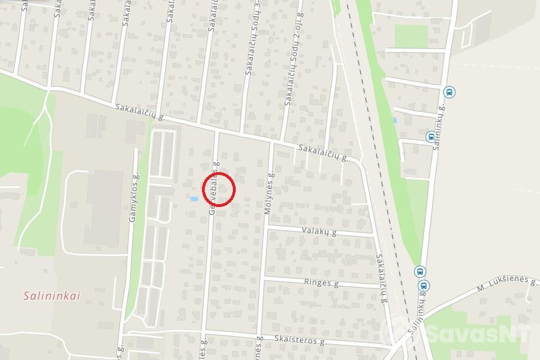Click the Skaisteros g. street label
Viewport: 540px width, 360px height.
301,341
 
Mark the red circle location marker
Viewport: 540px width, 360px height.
218,189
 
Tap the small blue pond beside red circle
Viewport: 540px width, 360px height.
194,199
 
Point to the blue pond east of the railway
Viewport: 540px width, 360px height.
395,120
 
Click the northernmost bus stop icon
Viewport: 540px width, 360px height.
449,92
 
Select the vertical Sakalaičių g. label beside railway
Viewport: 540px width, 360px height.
381,278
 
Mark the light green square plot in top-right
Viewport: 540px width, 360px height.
410,35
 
